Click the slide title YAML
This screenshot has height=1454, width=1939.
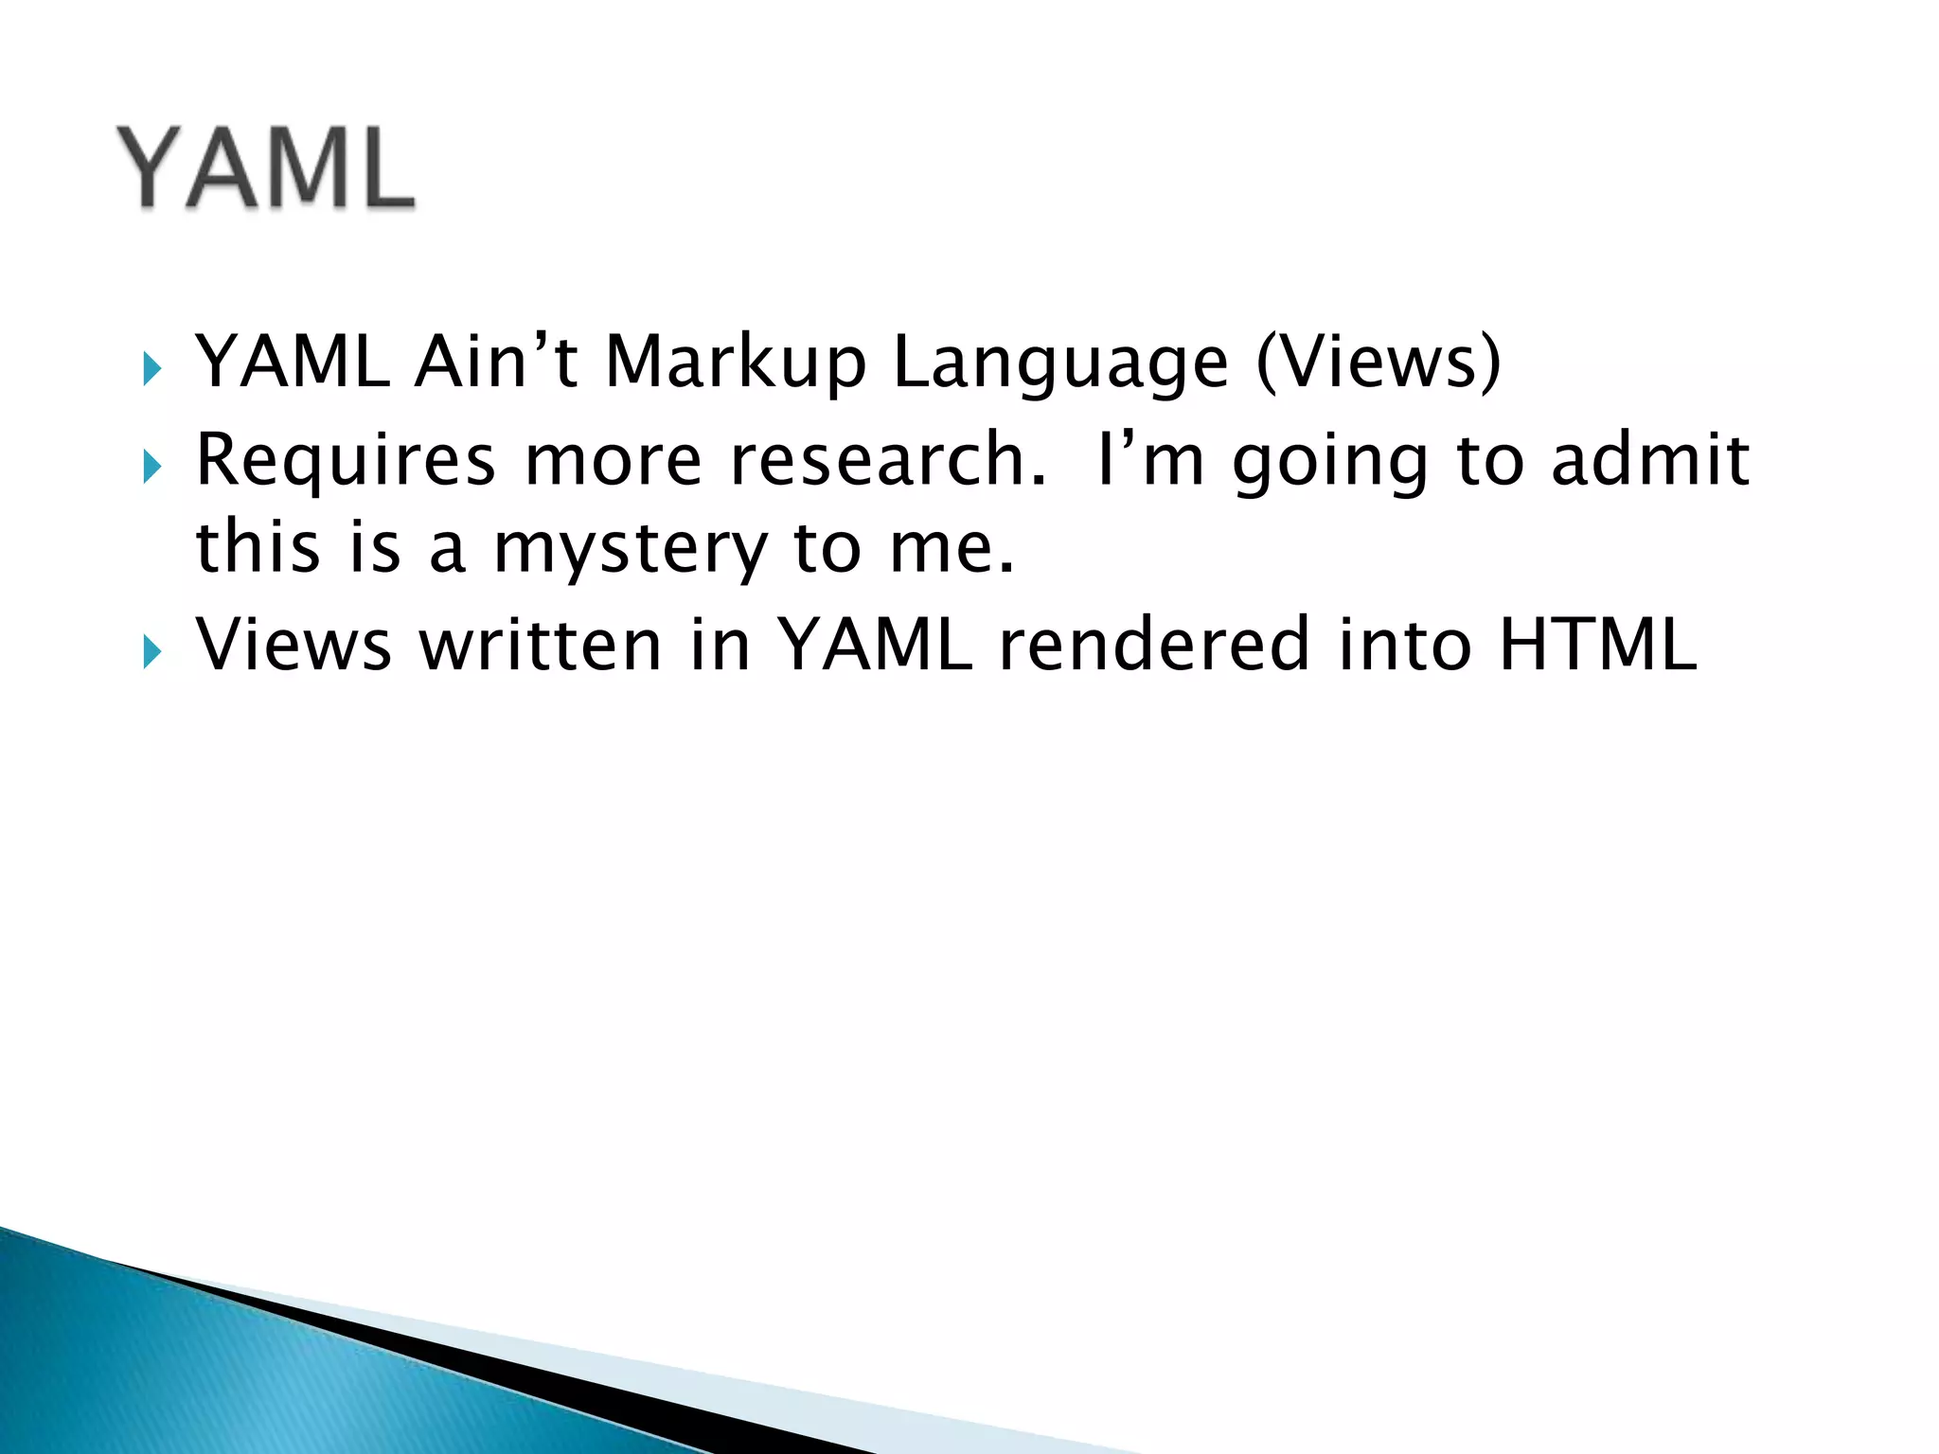point(266,168)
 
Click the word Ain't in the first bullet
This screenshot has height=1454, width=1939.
point(496,362)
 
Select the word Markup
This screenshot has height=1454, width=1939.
point(735,363)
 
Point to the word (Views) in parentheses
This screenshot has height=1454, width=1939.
point(1379,362)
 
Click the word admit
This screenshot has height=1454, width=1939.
point(1650,459)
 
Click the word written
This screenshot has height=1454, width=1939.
point(541,645)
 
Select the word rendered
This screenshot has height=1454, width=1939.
point(1154,645)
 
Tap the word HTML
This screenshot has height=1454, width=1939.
point(1597,645)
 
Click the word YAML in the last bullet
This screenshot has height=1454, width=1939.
point(876,645)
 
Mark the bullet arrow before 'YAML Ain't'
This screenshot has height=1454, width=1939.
point(152,368)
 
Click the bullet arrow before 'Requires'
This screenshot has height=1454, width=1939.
point(152,466)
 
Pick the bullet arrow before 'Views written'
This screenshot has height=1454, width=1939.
point(152,650)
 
